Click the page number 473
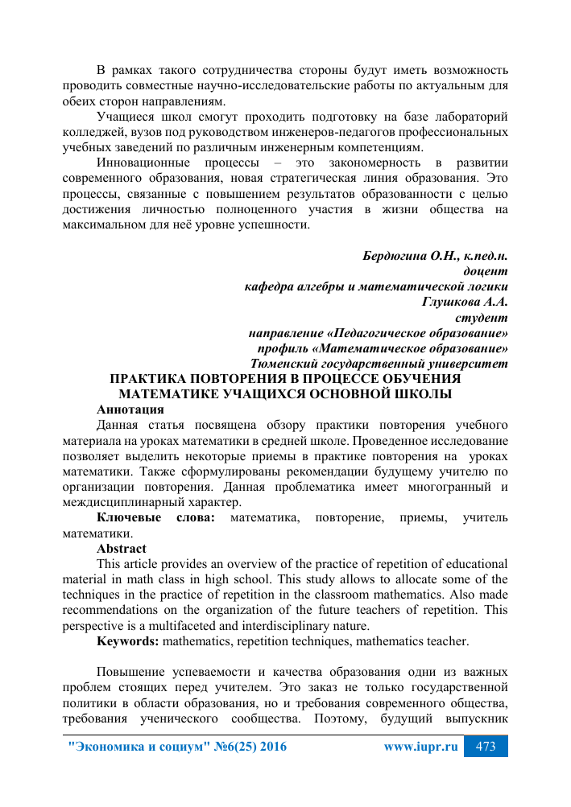(486, 747)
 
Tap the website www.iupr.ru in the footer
(421, 747)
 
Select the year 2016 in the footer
(271, 747)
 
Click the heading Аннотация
(130, 409)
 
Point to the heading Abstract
(122, 549)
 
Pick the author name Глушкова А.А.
(465, 302)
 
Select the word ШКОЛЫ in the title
(421, 393)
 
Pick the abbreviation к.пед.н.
(482, 257)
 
